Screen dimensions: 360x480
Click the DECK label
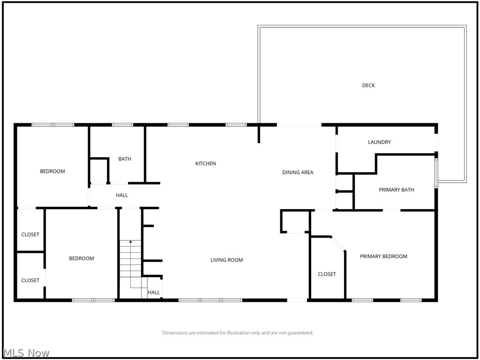pyautogui.click(x=368, y=85)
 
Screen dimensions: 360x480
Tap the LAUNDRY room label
pyautogui.click(x=379, y=142)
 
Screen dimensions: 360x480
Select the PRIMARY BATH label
pyautogui.click(x=396, y=190)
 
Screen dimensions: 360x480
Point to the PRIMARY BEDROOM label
pyautogui.click(x=383, y=256)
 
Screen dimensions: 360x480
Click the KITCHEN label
pyautogui.click(x=205, y=164)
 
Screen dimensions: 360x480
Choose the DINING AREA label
pyautogui.click(x=298, y=172)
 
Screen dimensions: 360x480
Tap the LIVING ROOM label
pyautogui.click(x=226, y=260)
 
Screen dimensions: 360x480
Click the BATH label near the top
pyautogui.click(x=125, y=159)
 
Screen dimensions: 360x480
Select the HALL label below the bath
pyautogui.click(x=122, y=195)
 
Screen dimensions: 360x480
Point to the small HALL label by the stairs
pyautogui.click(x=154, y=292)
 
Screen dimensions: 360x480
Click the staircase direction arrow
pyautogui.click(x=130, y=242)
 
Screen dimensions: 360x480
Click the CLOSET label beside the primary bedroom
pyautogui.click(x=327, y=274)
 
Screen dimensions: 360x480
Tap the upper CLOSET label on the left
pyautogui.click(x=30, y=235)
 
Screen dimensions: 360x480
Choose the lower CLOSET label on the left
pyautogui.click(x=30, y=280)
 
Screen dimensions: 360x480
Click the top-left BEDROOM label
pyautogui.click(x=52, y=172)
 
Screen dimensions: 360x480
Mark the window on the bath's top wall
pyautogui.click(x=122, y=125)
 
